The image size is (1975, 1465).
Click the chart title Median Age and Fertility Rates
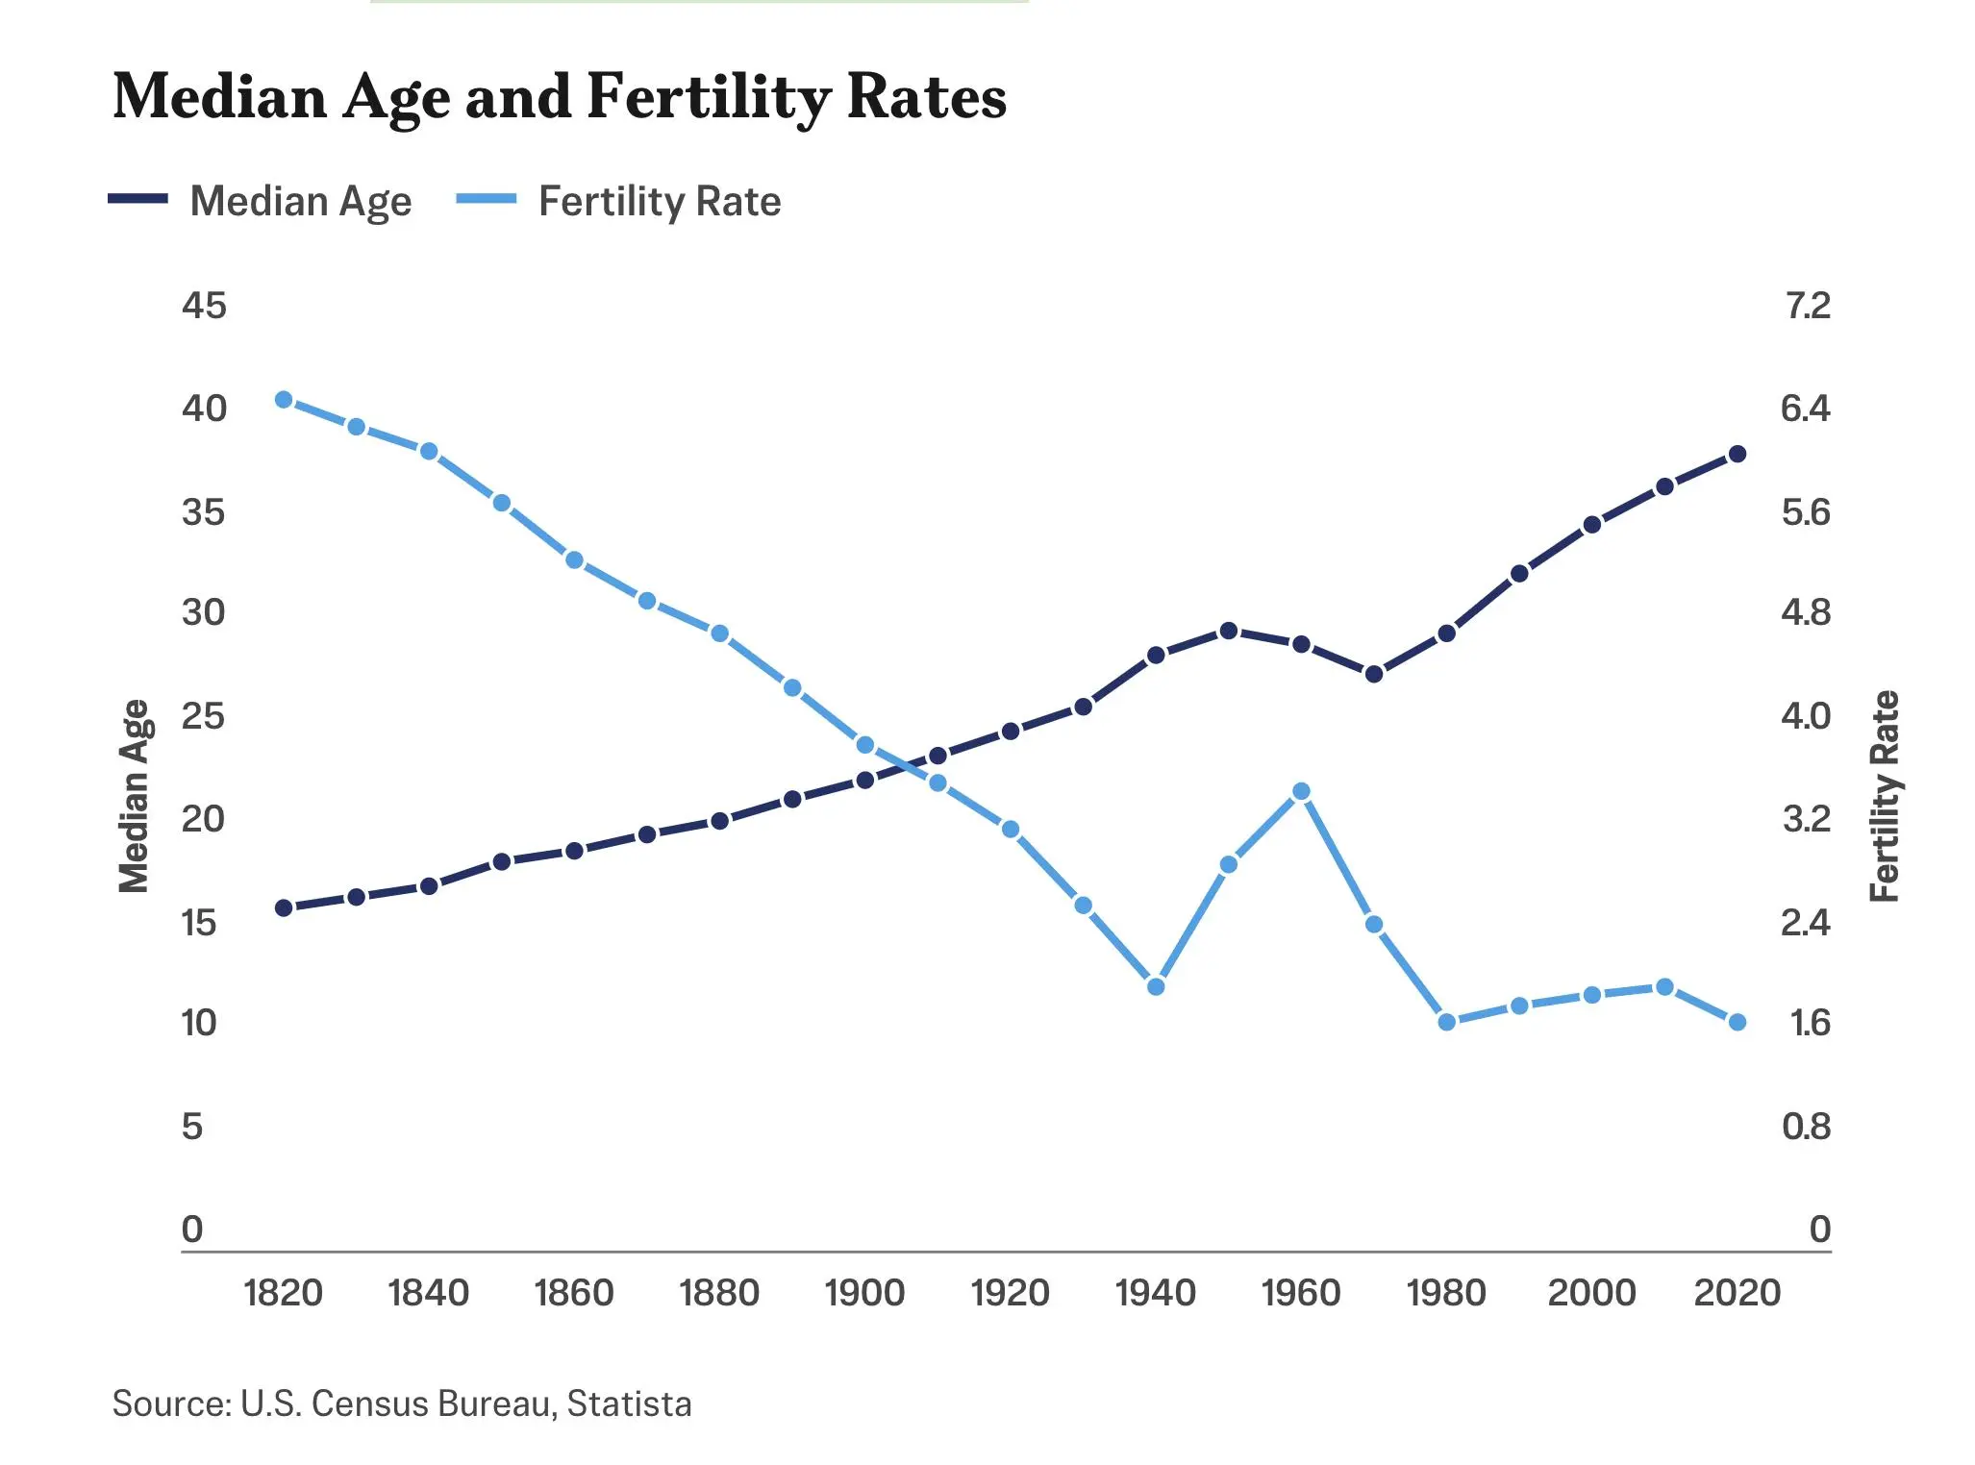(x=560, y=97)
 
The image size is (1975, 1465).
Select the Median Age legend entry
(x=261, y=201)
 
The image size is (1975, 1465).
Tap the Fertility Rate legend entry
(x=618, y=201)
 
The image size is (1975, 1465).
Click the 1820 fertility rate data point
(x=284, y=400)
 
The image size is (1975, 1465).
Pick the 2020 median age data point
(x=1737, y=454)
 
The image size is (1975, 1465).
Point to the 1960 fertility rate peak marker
(x=1302, y=791)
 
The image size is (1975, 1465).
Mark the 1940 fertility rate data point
(x=1157, y=986)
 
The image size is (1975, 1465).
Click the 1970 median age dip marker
(x=1374, y=674)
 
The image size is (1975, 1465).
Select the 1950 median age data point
(x=1229, y=631)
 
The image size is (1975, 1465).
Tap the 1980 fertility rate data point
(x=1447, y=1022)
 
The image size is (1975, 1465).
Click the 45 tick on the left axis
(x=204, y=306)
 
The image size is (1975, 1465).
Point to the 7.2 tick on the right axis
(x=1808, y=306)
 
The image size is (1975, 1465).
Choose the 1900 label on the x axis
(x=864, y=1293)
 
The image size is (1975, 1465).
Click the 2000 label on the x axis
(x=1591, y=1293)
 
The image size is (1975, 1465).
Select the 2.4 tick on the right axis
(x=1806, y=923)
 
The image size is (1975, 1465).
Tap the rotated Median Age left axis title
(x=136, y=796)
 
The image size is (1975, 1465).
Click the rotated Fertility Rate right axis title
(x=1886, y=796)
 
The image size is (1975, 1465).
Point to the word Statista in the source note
(x=630, y=1403)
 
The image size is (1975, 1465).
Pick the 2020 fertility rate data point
(x=1737, y=1022)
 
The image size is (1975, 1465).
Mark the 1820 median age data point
(x=284, y=907)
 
